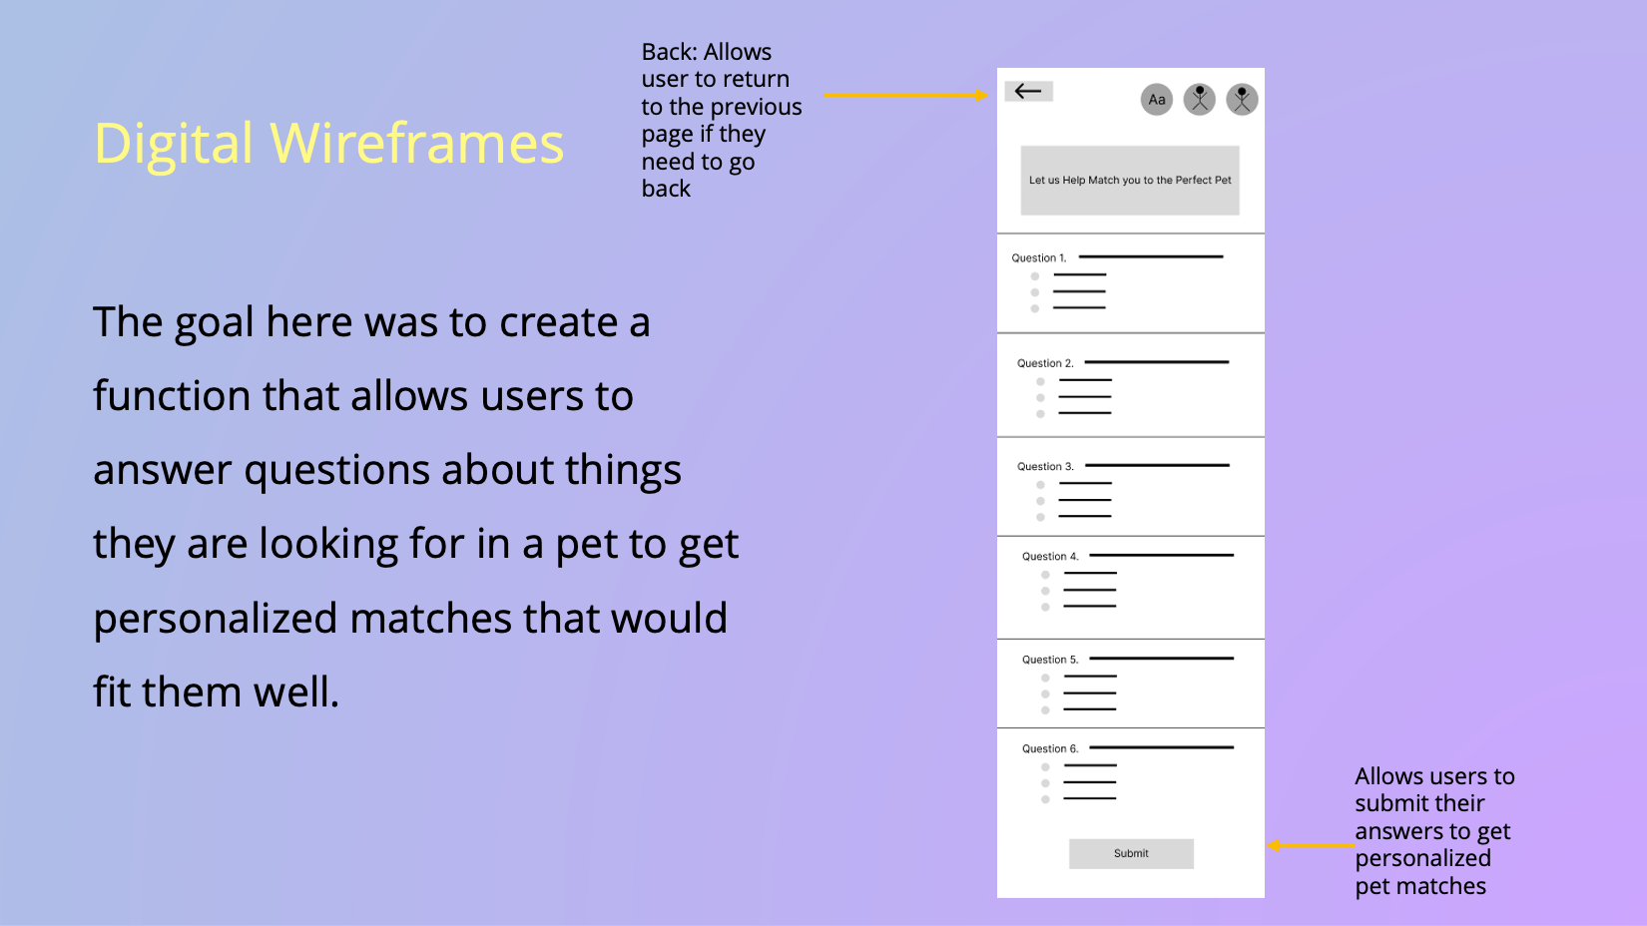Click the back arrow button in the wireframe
[x=1029, y=91]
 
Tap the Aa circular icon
[x=1157, y=99]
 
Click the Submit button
[x=1131, y=853]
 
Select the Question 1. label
[x=1038, y=258]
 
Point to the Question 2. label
[x=1045, y=363]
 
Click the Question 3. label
[x=1045, y=467]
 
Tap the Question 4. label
[x=1050, y=557]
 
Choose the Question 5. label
[x=1050, y=660]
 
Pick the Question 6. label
[x=1050, y=749]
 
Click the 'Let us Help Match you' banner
[x=1130, y=180]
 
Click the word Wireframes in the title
[x=417, y=143]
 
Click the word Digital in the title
[x=174, y=145]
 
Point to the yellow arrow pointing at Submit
[x=1311, y=846]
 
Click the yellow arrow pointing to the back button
[x=906, y=95]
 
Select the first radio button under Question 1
[x=1034, y=276]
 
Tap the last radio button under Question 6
[x=1045, y=799]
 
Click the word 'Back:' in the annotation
[x=669, y=52]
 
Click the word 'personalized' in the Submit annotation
[x=1422, y=859]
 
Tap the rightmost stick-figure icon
[x=1242, y=99]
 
